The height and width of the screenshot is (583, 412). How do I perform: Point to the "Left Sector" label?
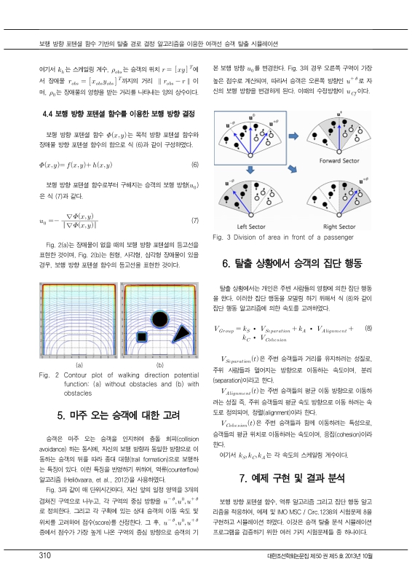pyautogui.click(x=249, y=226)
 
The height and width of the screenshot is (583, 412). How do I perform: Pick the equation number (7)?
pyautogui.click(x=194, y=220)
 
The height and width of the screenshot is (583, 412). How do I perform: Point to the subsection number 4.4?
pyautogui.click(x=50, y=114)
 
